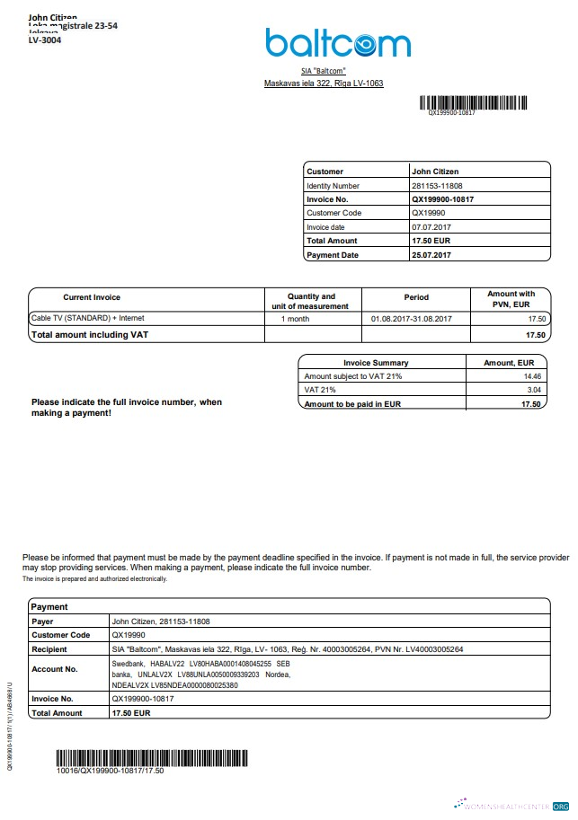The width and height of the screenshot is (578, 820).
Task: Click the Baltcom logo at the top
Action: click(337, 42)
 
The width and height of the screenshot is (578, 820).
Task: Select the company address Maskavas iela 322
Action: click(323, 84)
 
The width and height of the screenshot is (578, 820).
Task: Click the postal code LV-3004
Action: click(45, 40)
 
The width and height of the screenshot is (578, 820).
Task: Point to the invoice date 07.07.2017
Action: click(431, 227)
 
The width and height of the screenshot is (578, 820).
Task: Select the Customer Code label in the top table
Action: click(333, 213)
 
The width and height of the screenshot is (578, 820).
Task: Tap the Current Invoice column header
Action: click(92, 297)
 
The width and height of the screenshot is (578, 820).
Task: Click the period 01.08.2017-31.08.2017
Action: click(411, 319)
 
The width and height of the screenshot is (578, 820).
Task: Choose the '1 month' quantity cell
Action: click(296, 319)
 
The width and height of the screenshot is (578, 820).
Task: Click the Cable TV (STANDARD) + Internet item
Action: click(87, 318)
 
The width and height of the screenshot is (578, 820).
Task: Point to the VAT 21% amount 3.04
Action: click(533, 391)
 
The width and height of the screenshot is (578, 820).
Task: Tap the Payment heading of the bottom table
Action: click(49, 607)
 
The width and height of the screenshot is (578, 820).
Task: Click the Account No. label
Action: click(55, 669)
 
